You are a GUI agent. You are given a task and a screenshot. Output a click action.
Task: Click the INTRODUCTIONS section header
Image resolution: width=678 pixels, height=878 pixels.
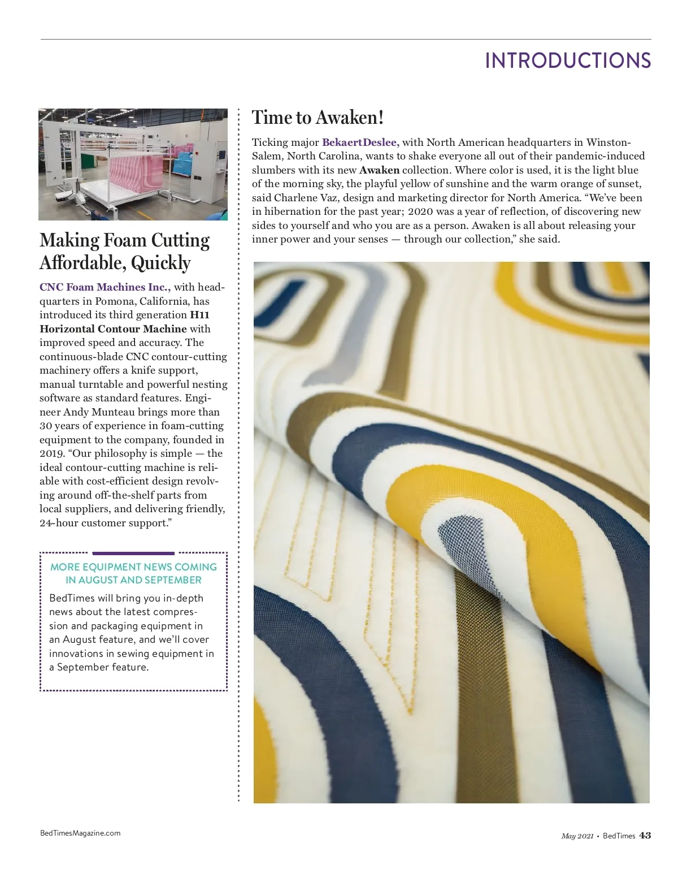pyautogui.click(x=568, y=60)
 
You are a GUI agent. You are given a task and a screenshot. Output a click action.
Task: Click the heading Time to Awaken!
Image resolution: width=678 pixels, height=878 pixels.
pyautogui.click(x=318, y=118)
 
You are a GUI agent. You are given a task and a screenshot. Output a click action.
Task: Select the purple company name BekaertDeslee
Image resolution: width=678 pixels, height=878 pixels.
pyautogui.click(x=360, y=142)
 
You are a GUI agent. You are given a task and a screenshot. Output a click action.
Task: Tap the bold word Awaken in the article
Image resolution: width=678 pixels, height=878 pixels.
pyautogui.click(x=379, y=170)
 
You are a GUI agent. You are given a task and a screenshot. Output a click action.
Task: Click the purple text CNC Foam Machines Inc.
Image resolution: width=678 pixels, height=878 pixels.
pyautogui.click(x=105, y=287)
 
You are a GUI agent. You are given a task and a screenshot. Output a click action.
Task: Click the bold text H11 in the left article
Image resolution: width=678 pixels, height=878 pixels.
pyautogui.click(x=199, y=315)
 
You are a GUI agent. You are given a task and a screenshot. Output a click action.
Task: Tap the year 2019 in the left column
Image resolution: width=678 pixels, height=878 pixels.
pyautogui.click(x=51, y=453)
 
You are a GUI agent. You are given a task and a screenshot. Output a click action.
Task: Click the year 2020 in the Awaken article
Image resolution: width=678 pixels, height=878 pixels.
pyautogui.click(x=420, y=211)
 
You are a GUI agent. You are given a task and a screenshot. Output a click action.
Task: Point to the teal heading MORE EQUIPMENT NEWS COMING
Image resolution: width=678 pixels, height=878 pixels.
pyautogui.click(x=133, y=567)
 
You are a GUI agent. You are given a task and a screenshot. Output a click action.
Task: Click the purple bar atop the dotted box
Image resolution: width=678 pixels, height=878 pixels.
pyautogui.click(x=133, y=553)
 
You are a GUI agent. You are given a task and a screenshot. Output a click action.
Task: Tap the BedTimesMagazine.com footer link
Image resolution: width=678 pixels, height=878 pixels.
pyautogui.click(x=80, y=833)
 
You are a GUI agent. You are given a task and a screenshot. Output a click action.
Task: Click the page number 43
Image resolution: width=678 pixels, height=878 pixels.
pyautogui.click(x=645, y=836)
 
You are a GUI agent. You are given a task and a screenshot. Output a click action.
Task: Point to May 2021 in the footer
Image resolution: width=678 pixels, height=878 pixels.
pyautogui.click(x=577, y=836)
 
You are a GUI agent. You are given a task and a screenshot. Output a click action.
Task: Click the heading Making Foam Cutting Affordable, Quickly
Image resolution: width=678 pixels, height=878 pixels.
pyautogui.click(x=124, y=252)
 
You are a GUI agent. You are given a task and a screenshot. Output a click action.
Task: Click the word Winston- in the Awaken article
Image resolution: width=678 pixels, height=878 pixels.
pyautogui.click(x=609, y=142)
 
